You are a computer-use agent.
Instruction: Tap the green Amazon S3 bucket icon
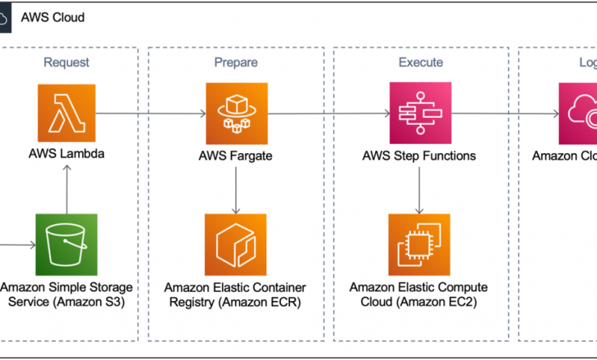coord(67,244)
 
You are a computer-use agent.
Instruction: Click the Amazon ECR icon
coord(235,244)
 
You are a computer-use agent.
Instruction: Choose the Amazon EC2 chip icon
coord(419,244)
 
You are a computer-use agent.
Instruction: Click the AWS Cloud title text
coord(53,18)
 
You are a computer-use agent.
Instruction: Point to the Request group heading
coord(66,62)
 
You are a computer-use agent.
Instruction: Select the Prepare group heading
coord(237,62)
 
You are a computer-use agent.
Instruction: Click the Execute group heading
coord(419,62)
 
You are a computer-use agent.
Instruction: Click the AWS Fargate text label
coord(235,155)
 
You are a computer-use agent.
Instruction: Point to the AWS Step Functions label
coord(419,155)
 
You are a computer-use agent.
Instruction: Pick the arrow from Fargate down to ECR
coord(235,189)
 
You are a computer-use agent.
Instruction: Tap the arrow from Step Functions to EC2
coord(419,189)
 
